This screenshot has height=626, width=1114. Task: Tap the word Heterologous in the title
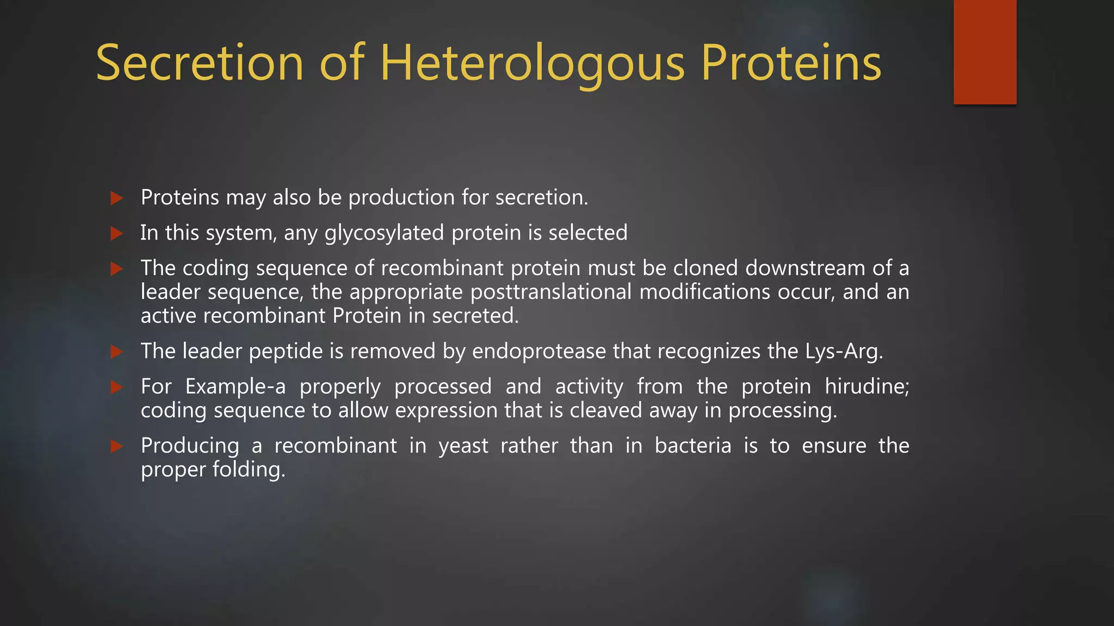pyautogui.click(x=532, y=64)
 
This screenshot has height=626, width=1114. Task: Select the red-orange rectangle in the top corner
pyautogui.click(x=985, y=52)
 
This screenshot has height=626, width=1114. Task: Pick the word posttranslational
pyautogui.click(x=551, y=292)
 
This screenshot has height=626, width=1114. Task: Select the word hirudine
pyautogui.click(x=867, y=386)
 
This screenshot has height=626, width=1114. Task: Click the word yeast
pyautogui.click(x=463, y=446)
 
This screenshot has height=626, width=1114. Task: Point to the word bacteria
pyautogui.click(x=692, y=446)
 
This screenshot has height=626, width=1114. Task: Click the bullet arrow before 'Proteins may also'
pyautogui.click(x=116, y=198)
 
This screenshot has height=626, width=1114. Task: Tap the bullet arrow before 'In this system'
pyautogui.click(x=116, y=233)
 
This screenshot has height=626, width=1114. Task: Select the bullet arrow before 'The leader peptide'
pyautogui.click(x=116, y=352)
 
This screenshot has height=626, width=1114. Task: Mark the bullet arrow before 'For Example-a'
pyautogui.click(x=116, y=387)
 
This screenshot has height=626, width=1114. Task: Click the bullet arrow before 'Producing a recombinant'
pyautogui.click(x=116, y=446)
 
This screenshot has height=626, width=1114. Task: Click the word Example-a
pyautogui.click(x=235, y=387)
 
